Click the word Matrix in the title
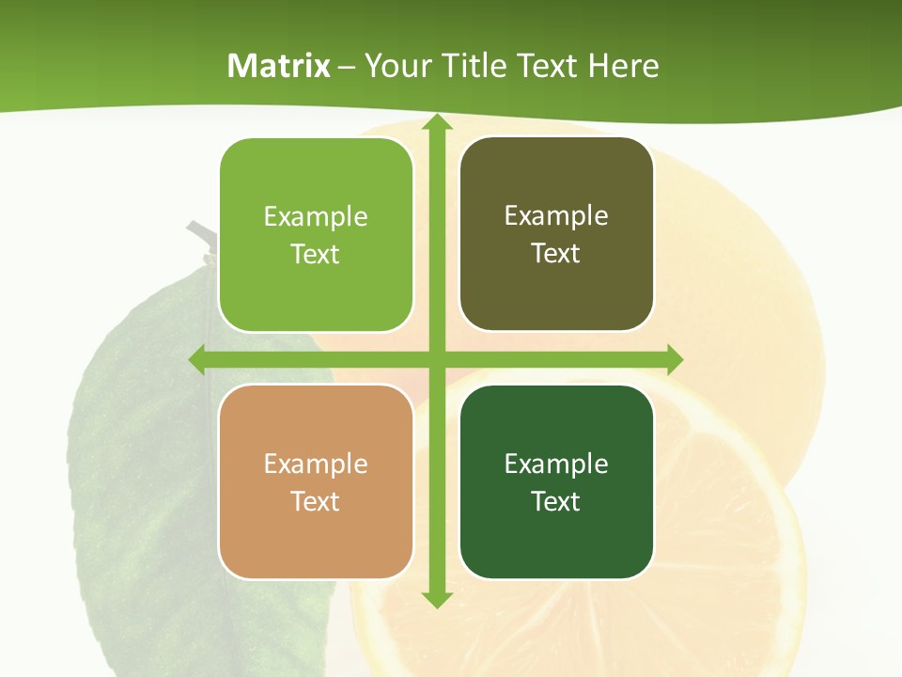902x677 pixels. (279, 66)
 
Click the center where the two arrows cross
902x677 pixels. (435, 359)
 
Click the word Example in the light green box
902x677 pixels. (316, 217)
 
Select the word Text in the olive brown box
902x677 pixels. (556, 254)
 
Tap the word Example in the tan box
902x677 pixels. (316, 464)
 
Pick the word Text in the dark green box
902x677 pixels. (556, 501)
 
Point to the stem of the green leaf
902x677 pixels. (200, 237)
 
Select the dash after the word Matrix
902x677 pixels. (347, 67)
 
